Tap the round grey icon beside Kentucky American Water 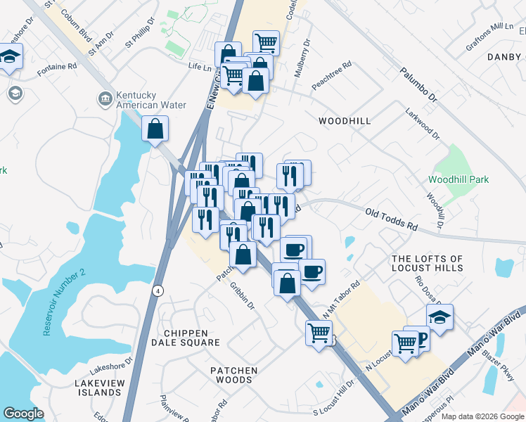point(104,99)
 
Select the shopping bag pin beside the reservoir point(155,129)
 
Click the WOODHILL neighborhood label point(344,121)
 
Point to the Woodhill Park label point(458,179)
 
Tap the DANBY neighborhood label point(504,56)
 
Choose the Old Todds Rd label point(392,219)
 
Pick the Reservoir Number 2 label point(63,301)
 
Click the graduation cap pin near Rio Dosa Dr point(440,317)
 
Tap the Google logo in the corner point(23,413)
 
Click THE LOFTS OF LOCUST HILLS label point(428,264)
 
